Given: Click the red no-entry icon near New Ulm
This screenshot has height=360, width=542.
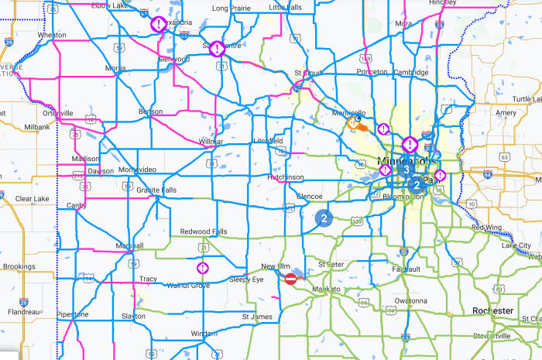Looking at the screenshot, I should tap(291, 279).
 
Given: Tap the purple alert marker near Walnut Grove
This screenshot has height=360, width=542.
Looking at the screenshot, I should tap(202, 268).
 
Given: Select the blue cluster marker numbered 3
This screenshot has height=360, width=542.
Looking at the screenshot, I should tap(406, 170).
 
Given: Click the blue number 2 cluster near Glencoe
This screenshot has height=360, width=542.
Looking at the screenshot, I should tap(323, 218).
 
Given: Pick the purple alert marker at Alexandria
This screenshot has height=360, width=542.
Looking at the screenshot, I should tap(157, 24).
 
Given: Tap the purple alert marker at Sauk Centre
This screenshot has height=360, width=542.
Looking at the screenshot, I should tap(218, 48).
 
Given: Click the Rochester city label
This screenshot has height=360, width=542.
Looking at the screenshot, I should tap(493, 310).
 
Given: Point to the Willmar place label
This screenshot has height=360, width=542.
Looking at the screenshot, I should tap(211, 142).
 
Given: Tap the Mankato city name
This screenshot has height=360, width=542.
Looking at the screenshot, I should tap(325, 290).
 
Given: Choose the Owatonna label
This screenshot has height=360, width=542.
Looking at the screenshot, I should tap(410, 300).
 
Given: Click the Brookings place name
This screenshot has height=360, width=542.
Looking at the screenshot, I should tap(19, 266).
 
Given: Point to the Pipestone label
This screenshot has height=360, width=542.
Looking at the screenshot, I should tap(72, 314).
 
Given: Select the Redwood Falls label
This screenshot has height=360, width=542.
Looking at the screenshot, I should tap(204, 231).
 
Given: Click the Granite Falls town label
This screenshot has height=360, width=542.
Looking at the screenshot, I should tap(157, 190).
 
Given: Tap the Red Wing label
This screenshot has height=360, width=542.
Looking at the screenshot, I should tap(487, 227).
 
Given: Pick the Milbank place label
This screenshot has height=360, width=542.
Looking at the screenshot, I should tap(37, 127).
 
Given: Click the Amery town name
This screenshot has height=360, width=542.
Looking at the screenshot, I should tap(506, 113).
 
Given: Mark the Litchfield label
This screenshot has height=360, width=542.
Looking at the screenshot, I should tap(268, 140).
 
